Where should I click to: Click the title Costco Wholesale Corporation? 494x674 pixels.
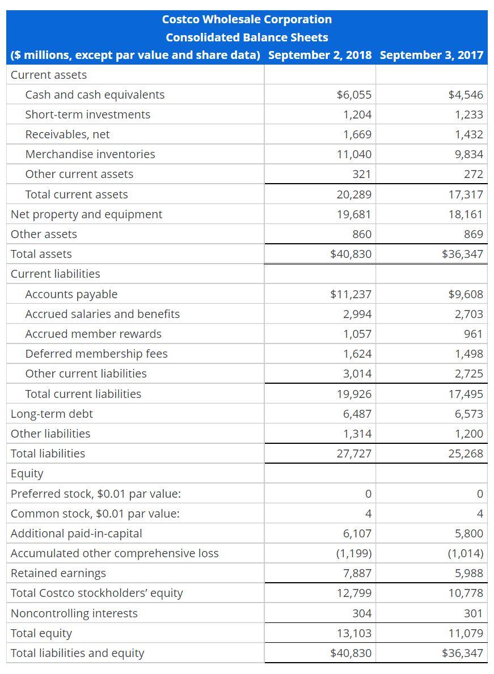pos(247,19)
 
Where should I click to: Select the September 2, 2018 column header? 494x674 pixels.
pos(320,55)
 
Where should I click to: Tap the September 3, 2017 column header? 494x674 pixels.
pos(432,55)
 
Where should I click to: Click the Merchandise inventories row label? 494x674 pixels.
pos(90,154)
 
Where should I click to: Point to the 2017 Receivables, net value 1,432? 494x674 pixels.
pos(469,134)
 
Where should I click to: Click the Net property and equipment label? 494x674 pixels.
pos(86,214)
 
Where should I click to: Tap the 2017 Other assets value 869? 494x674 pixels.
pos(473,234)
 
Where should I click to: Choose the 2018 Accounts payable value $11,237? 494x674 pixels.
pos(351,294)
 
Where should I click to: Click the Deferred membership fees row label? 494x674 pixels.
pos(96,354)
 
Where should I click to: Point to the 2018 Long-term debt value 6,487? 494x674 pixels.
pos(357,414)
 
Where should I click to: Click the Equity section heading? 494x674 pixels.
pos(27,473)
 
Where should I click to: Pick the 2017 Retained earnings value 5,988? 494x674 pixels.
pos(469,573)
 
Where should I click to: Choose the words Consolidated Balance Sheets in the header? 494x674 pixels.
pos(247,37)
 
